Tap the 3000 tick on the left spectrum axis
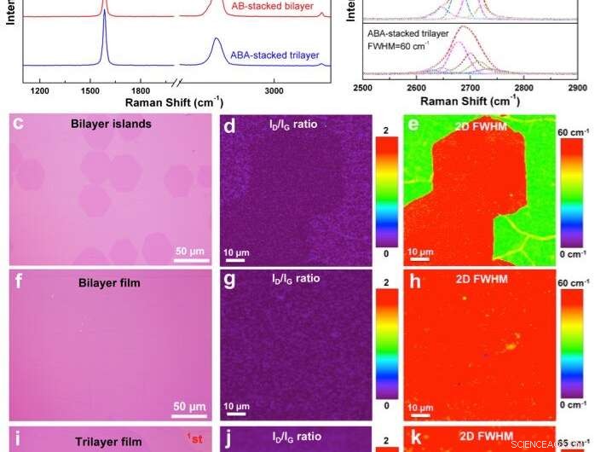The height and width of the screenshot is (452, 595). click(274, 90)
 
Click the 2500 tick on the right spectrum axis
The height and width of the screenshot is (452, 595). click(363, 88)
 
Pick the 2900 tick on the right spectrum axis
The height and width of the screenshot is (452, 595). click(577, 88)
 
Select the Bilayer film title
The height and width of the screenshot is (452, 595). click(106, 277)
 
